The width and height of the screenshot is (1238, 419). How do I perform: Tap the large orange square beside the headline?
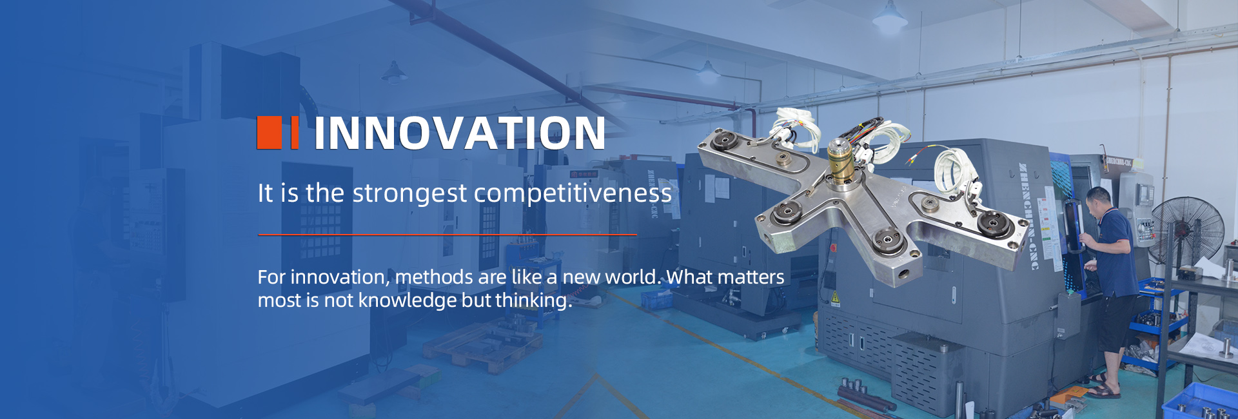tap(269, 133)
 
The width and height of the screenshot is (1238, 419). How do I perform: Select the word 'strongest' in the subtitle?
tap(409, 193)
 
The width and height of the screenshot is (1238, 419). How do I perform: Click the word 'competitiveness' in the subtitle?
tap(573, 193)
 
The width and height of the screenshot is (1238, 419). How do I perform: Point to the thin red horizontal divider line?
tap(447, 235)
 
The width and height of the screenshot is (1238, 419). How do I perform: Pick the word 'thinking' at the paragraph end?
tap(531, 300)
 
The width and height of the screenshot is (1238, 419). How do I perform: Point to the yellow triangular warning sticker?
tap(835, 298)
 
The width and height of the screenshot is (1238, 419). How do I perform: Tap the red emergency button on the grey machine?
tap(833, 248)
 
